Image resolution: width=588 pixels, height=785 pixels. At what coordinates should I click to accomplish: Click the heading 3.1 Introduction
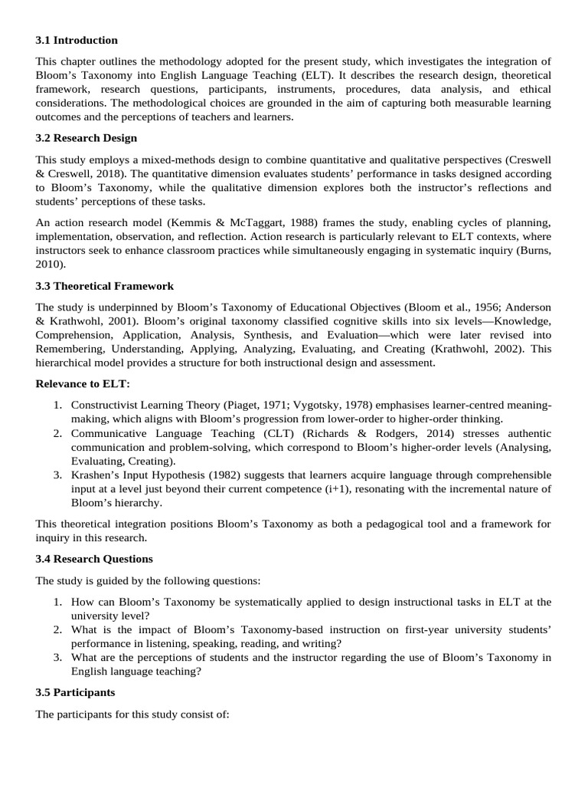[77, 40]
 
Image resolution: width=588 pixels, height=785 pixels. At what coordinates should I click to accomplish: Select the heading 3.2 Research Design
[87, 138]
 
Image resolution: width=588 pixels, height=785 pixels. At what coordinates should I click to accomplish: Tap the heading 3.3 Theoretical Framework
[105, 286]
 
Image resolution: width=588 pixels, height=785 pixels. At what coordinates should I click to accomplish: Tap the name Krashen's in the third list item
[96, 475]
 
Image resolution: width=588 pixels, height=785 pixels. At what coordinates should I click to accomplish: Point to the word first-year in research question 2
[408, 629]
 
